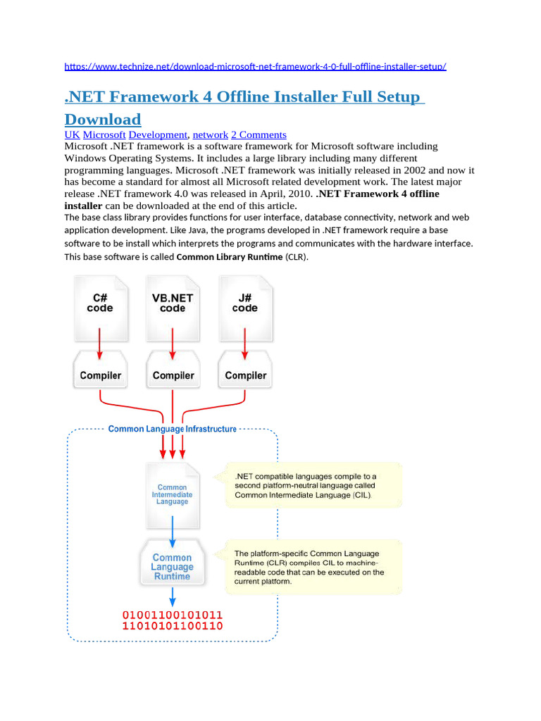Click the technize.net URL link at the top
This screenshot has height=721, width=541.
coord(255,66)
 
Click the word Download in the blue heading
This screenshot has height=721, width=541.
coord(103,119)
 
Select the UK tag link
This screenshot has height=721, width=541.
coord(72,134)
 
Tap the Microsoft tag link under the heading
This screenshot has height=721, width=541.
coord(104,134)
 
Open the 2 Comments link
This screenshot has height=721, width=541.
coord(259,134)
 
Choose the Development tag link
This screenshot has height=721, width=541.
coord(158,134)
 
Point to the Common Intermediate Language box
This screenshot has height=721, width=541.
coord(172,494)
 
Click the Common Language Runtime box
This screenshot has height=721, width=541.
coord(172,566)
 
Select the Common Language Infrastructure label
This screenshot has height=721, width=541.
coord(173,429)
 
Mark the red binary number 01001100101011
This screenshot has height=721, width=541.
coord(173,614)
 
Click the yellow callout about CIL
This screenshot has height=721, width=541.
coord(313,485)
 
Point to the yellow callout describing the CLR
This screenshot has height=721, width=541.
coord(313,566)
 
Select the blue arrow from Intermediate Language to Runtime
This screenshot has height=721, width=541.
coord(173,529)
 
